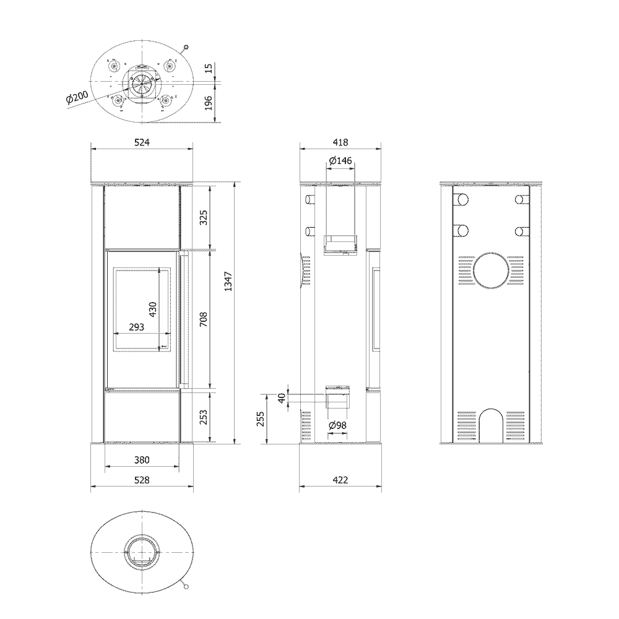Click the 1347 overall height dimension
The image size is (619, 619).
click(228, 282)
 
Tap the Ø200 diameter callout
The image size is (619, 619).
click(77, 97)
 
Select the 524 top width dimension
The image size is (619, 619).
click(142, 142)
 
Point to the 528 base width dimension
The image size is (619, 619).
click(142, 480)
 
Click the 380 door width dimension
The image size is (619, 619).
click(142, 459)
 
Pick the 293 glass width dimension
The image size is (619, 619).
click(137, 327)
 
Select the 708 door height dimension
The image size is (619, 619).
click(203, 319)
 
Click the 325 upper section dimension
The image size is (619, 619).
click(203, 217)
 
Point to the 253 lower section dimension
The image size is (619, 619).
click(203, 417)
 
